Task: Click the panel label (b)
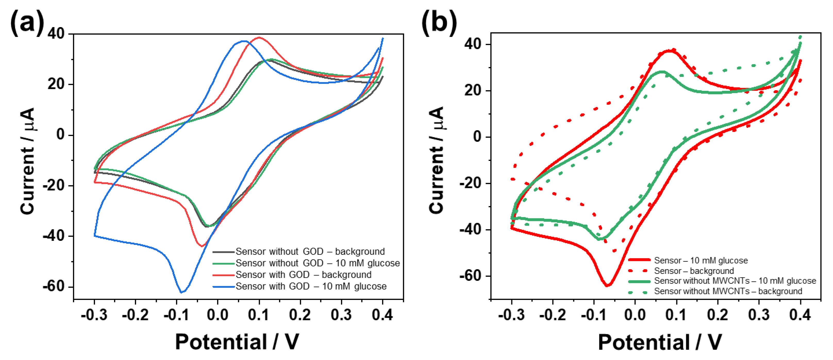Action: point(439,22)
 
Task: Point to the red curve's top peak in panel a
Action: point(259,37)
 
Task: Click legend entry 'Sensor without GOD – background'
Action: point(310,251)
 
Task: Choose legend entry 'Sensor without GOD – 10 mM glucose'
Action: point(317,263)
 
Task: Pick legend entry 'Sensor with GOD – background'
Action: point(303,275)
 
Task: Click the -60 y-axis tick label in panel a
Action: point(54,286)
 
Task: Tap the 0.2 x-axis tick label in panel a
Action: point(300,315)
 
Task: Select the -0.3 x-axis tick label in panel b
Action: point(511,315)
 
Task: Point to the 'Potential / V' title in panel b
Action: point(660,342)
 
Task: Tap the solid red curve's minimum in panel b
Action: point(607,285)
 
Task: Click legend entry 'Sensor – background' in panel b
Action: point(694,271)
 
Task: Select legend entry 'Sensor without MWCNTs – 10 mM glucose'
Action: point(735,281)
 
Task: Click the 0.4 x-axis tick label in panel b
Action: point(800,315)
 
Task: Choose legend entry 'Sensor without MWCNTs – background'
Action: point(728,291)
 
